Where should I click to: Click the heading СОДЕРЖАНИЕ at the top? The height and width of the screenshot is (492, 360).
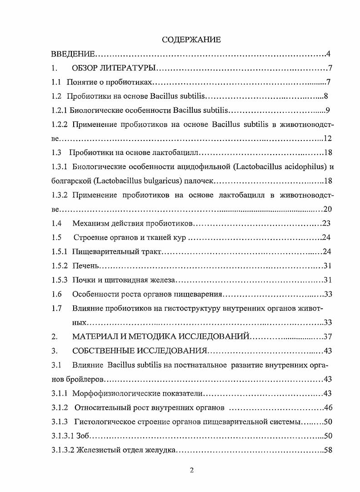191,40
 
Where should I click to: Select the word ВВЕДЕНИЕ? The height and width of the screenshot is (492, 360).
72,55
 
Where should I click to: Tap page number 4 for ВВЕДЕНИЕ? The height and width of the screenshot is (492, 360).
328,55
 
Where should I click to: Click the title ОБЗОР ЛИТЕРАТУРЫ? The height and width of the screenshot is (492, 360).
114,69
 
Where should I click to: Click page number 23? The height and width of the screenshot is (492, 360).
325,223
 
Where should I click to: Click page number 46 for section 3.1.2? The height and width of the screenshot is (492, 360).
328,407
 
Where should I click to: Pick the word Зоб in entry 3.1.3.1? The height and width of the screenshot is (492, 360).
82,436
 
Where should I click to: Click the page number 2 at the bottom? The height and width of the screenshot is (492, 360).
191,470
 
